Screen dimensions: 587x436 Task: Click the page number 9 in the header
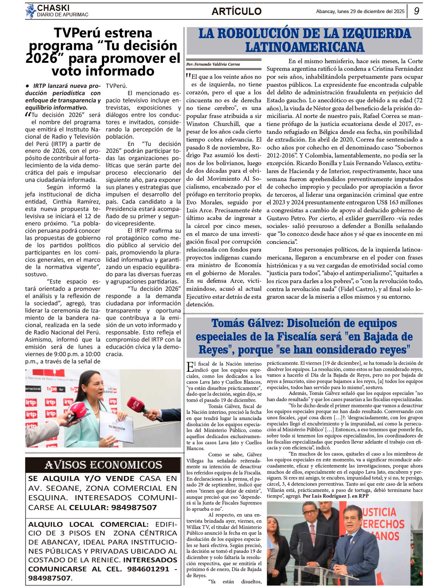(416, 11)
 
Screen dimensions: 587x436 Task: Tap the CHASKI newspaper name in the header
(53, 8)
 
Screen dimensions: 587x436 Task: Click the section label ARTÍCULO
(237, 11)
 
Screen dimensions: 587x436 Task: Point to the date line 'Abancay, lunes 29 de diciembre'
(360, 11)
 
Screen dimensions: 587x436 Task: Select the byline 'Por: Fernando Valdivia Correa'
(213, 64)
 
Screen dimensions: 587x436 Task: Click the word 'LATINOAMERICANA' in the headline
(305, 47)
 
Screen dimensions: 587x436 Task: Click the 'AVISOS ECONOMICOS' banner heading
(103, 465)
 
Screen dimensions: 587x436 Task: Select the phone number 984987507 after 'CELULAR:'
(134, 507)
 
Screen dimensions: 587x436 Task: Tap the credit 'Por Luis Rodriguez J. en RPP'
(336, 496)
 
